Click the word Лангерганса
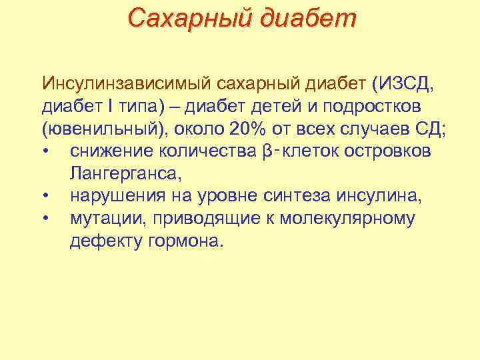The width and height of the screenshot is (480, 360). pos(124,174)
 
